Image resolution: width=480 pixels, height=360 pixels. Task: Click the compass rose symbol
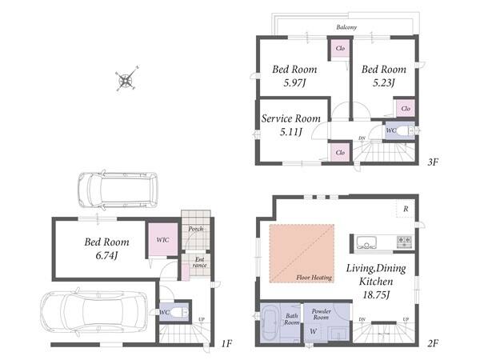click(x=126, y=79)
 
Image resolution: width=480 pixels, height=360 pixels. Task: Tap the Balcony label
click(x=346, y=27)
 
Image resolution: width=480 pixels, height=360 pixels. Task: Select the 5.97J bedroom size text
click(x=294, y=83)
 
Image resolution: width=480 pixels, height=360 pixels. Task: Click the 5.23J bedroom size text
click(x=383, y=82)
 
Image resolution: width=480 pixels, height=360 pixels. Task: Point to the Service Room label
click(x=291, y=118)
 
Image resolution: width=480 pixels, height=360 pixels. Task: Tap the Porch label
click(x=196, y=229)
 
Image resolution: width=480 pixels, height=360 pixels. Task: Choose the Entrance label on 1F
click(x=199, y=262)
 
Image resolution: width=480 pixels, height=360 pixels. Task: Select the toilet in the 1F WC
click(x=178, y=312)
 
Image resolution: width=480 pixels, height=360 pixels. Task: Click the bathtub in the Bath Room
click(x=270, y=323)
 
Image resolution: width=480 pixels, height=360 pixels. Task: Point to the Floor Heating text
click(x=314, y=278)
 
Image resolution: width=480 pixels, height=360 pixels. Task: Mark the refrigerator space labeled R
click(x=406, y=209)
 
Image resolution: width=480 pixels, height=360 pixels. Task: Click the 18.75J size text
click(x=376, y=295)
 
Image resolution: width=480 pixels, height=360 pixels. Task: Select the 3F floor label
click(x=433, y=162)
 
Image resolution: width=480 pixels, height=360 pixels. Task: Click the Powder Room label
click(x=321, y=314)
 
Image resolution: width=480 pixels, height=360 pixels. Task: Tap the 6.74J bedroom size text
click(x=106, y=256)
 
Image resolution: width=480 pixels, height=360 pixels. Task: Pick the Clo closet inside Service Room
click(x=340, y=152)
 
